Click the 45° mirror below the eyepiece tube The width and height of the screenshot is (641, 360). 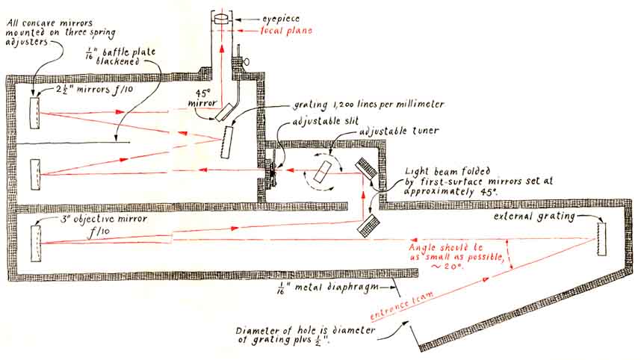[223, 111]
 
